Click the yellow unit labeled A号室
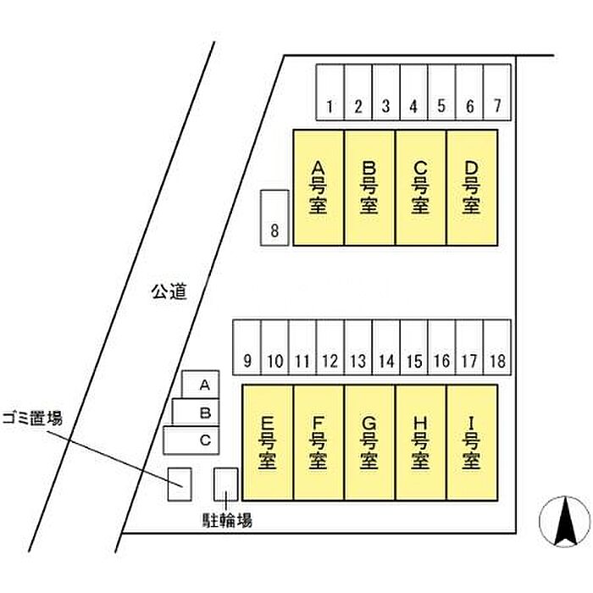(318, 187)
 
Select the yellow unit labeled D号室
(472, 187)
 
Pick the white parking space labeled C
(192, 440)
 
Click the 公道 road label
(168, 292)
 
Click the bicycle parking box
(225, 483)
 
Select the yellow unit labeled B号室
(369, 187)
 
